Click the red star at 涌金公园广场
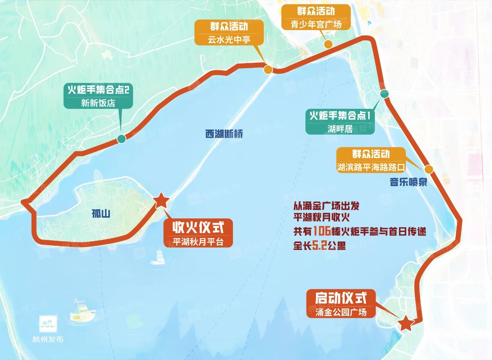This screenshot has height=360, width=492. click(x=406, y=323)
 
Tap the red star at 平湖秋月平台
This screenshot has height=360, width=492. click(x=161, y=200)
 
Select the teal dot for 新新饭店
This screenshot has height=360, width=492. click(x=121, y=139)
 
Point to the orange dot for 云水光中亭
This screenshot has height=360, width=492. click(x=268, y=70)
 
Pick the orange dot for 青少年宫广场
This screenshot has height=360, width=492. click(x=328, y=43)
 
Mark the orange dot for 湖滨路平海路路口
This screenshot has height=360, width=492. click(x=429, y=169)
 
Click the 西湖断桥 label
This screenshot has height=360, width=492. click(x=224, y=134)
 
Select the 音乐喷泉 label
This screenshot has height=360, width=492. click(x=409, y=182)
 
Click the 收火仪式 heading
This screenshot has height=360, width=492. click(x=198, y=228)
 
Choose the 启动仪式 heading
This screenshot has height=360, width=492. click(x=341, y=298)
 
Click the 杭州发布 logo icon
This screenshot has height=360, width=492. click(x=48, y=324)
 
